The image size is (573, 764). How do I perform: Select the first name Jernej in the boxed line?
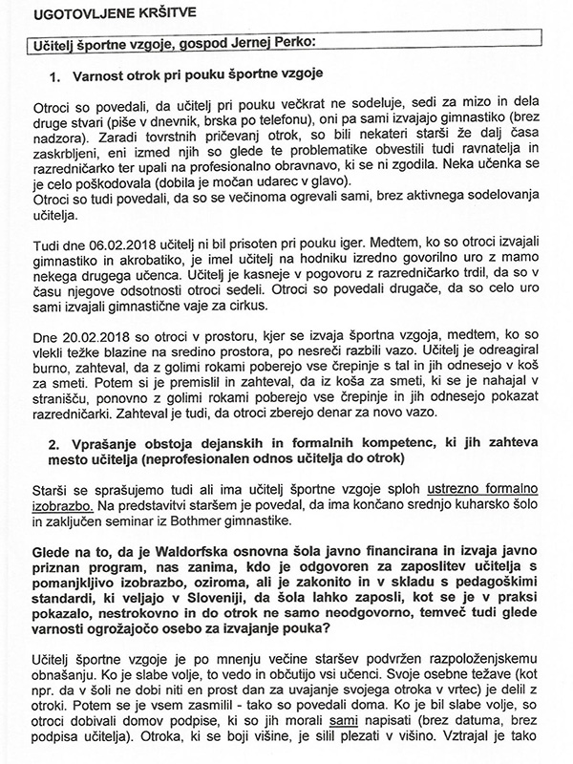click(x=269, y=42)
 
